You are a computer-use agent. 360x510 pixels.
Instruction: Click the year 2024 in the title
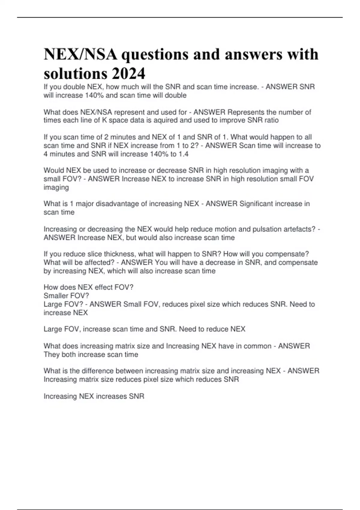coord(129,73)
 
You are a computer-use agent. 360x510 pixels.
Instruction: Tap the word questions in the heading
coord(154,55)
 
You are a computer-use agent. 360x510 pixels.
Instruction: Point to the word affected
coord(100,262)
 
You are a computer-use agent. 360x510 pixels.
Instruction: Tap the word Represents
coord(246,112)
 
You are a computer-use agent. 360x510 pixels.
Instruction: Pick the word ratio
coord(271,120)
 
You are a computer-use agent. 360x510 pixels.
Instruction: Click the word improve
coord(228,120)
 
